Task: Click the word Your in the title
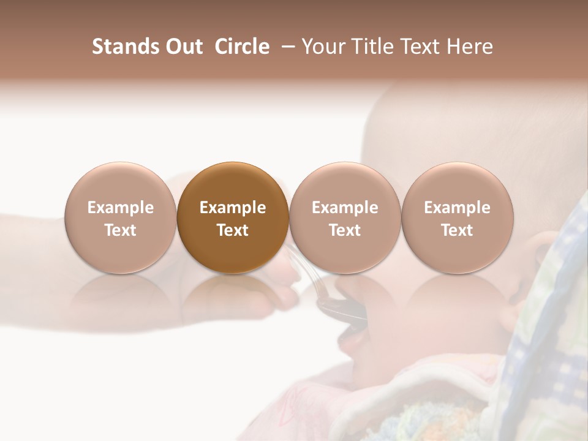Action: click(x=325, y=47)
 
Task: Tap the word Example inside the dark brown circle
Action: click(x=233, y=208)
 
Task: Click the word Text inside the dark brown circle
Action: click(x=233, y=230)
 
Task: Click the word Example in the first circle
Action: click(x=120, y=208)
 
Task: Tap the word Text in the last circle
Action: click(x=458, y=230)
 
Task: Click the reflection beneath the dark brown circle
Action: click(x=233, y=294)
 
